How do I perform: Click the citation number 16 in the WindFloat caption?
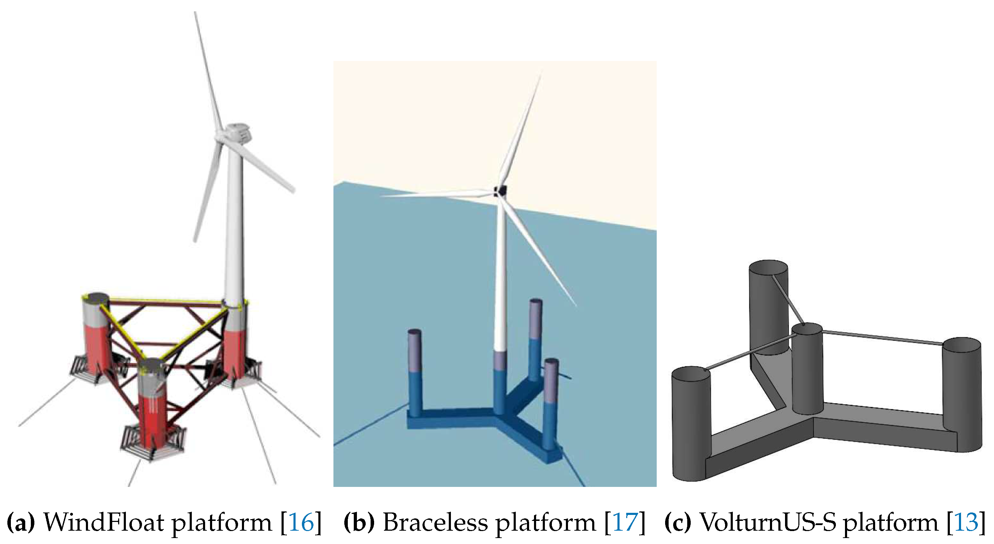click(301, 522)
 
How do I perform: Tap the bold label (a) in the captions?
click(20, 522)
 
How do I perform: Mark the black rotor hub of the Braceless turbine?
click(500, 191)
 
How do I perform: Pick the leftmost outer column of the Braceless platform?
click(415, 370)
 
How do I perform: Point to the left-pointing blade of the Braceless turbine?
click(436, 194)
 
